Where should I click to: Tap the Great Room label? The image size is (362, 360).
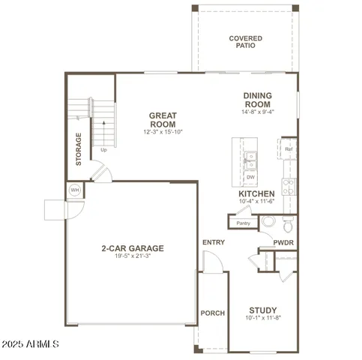click(x=163, y=119)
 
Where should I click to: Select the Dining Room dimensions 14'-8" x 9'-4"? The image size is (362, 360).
click(x=257, y=112)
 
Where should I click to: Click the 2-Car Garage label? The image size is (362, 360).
click(x=133, y=248)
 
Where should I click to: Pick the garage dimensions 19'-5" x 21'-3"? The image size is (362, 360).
click(x=133, y=256)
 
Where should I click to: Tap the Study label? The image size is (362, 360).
click(x=262, y=310)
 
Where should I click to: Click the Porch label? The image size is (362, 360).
click(x=213, y=313)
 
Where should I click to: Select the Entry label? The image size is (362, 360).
click(x=214, y=242)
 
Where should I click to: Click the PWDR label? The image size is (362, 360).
click(x=283, y=243)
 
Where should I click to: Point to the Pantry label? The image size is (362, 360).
click(x=243, y=223)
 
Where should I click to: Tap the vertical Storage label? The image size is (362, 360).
click(x=78, y=150)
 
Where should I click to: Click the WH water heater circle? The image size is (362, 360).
click(x=75, y=190)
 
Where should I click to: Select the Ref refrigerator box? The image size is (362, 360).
click(x=289, y=149)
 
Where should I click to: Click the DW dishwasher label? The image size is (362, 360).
click(x=250, y=177)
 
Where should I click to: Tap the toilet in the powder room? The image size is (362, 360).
click(x=289, y=223)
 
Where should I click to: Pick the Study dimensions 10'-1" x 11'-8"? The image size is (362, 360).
click(x=262, y=318)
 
